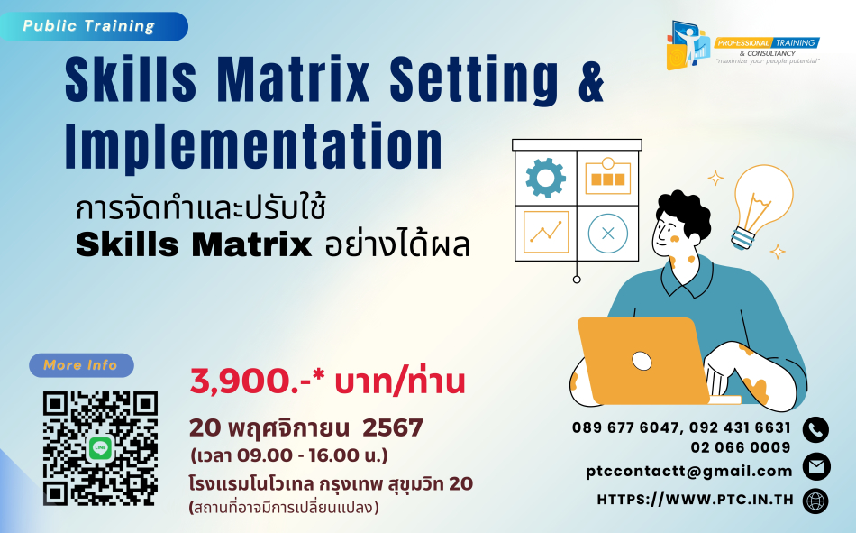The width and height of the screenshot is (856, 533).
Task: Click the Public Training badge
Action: click(x=94, y=26)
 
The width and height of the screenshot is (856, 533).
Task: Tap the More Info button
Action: click(x=81, y=365)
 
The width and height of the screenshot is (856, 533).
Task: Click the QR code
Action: click(x=100, y=448)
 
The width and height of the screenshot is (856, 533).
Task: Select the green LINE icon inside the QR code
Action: click(x=100, y=449)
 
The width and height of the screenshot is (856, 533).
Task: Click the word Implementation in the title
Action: click(x=254, y=146)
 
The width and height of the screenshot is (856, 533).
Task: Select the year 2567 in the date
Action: click(x=393, y=427)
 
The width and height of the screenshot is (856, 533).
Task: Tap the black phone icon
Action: click(x=815, y=429)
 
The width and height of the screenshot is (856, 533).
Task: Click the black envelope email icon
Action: click(x=816, y=467)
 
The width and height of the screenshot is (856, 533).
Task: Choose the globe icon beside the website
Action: click(x=815, y=501)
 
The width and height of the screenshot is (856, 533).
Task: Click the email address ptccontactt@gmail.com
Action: click(x=689, y=472)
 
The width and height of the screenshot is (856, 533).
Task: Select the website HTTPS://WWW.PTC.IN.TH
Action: click(x=695, y=499)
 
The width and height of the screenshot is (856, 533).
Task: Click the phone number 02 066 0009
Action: click(x=741, y=447)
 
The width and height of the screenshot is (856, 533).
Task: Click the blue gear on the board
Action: click(x=545, y=178)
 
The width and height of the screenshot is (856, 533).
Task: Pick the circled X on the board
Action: click(x=607, y=234)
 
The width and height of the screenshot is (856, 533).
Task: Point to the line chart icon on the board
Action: click(x=546, y=232)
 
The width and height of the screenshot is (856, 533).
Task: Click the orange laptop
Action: click(x=644, y=361)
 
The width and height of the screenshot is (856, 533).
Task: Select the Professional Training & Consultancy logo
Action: click(x=742, y=46)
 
